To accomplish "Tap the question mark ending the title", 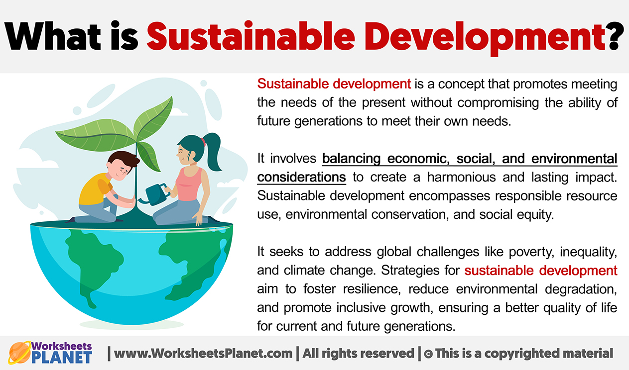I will point(616,36).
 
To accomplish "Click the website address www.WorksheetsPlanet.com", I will point(203,354).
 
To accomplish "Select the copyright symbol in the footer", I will point(427,354).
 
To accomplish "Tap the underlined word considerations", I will point(301,178).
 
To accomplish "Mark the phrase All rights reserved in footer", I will point(358,354).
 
